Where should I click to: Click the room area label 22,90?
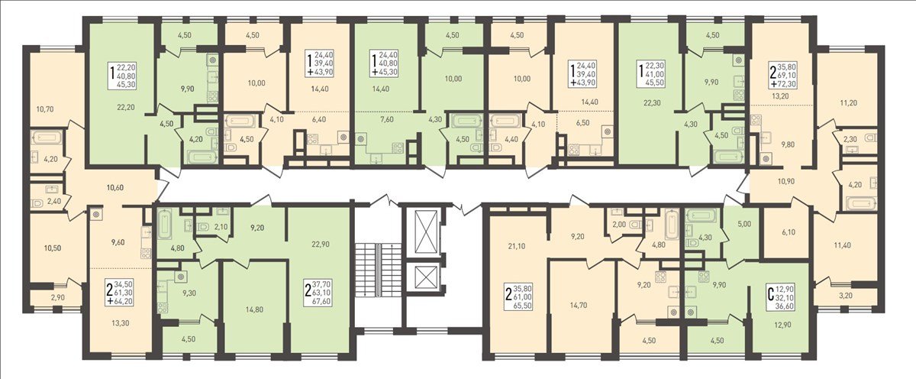320,245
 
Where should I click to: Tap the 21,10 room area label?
516,246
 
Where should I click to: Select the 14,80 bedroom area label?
254,309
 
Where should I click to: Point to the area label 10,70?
45,109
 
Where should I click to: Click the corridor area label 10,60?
115,188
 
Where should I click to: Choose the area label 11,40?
842,245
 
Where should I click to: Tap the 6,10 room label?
789,232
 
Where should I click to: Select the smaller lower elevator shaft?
426,277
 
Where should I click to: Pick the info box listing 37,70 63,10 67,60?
318,293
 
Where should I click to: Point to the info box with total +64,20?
120,293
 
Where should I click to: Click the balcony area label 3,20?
845,295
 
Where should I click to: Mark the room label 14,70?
579,305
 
